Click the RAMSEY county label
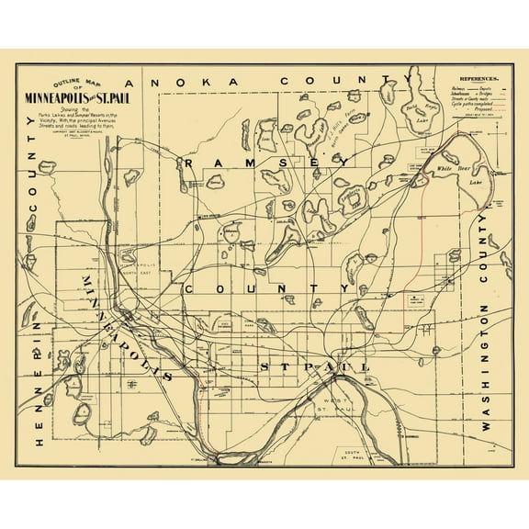click(x=266, y=162)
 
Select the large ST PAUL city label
click(x=312, y=367)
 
